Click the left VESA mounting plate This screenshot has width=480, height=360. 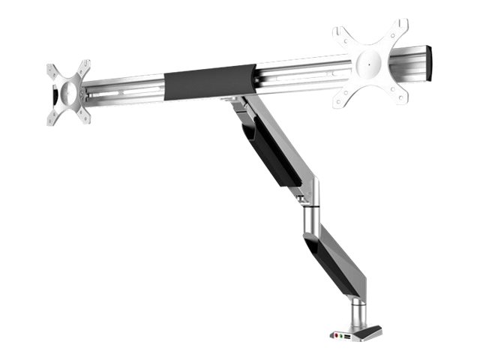[x=67, y=91]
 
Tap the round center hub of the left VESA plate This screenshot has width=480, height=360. [x=67, y=93]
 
